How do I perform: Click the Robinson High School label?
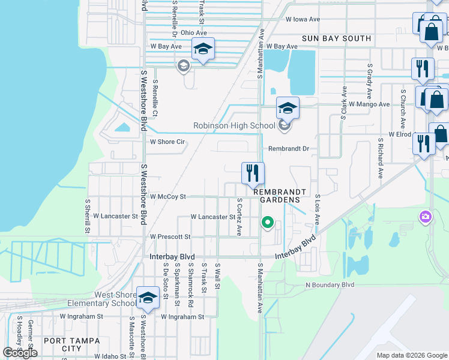click(234, 126)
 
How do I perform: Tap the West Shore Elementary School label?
click(115, 299)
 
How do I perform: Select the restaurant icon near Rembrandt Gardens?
click(253, 173)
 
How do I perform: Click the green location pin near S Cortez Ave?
click(268, 224)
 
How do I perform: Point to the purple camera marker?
click(426, 217)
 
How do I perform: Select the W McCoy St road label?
click(168, 196)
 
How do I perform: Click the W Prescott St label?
click(170, 237)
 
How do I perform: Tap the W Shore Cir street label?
click(167, 142)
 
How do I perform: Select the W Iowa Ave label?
click(303, 19)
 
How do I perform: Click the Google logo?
click(20, 353)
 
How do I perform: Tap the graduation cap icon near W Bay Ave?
click(203, 49)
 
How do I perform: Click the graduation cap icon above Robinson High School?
click(288, 109)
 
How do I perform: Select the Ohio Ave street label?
click(193, 32)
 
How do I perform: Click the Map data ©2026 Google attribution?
click(412, 355)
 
